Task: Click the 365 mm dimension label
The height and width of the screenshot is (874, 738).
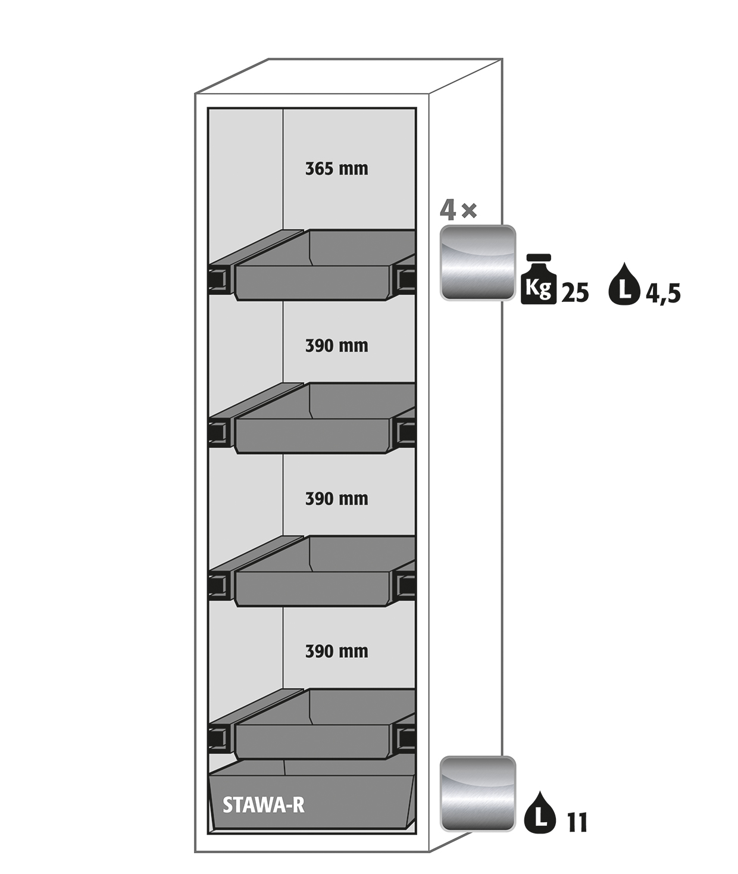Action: click(337, 168)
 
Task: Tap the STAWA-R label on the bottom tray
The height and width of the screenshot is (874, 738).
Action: click(263, 804)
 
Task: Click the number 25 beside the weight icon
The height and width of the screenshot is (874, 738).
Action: click(575, 292)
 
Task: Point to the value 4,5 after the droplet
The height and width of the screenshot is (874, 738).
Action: click(663, 294)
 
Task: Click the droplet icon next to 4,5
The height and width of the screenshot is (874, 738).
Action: click(624, 284)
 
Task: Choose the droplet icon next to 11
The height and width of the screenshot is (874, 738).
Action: click(540, 811)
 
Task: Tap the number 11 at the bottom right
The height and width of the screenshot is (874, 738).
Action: click(577, 822)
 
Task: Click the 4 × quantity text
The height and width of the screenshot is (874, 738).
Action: click(458, 211)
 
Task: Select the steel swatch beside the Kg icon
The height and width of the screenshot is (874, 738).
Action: click(477, 263)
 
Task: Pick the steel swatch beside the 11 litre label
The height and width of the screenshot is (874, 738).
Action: click(477, 794)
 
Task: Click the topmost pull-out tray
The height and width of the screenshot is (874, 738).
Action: click(312, 265)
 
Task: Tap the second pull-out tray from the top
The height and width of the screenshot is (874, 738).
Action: click(312, 418)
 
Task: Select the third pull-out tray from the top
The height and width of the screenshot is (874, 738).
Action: click(312, 571)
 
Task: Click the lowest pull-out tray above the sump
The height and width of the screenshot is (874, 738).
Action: click(312, 724)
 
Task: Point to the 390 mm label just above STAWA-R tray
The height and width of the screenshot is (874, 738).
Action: click(337, 651)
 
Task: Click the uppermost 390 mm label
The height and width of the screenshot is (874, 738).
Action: click(337, 346)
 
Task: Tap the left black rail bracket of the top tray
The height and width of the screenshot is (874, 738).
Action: click(219, 280)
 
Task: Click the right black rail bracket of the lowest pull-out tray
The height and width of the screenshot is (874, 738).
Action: click(405, 739)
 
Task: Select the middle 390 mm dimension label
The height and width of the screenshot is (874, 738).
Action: click(337, 498)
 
